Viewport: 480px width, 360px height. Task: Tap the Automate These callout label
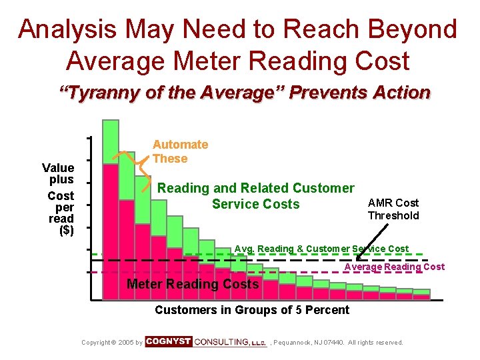[x=179, y=151]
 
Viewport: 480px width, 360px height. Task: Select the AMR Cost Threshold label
[x=393, y=209]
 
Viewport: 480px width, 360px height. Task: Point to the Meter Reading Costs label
[x=193, y=285]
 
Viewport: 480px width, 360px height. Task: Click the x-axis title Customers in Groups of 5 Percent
[x=252, y=309]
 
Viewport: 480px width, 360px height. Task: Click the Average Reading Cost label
[x=394, y=267]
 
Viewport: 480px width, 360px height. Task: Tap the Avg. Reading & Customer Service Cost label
[x=321, y=249]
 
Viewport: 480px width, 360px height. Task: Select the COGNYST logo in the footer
[x=169, y=341]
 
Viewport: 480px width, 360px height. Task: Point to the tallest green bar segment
[x=111, y=142]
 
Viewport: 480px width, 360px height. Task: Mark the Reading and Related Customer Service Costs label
[x=255, y=196]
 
